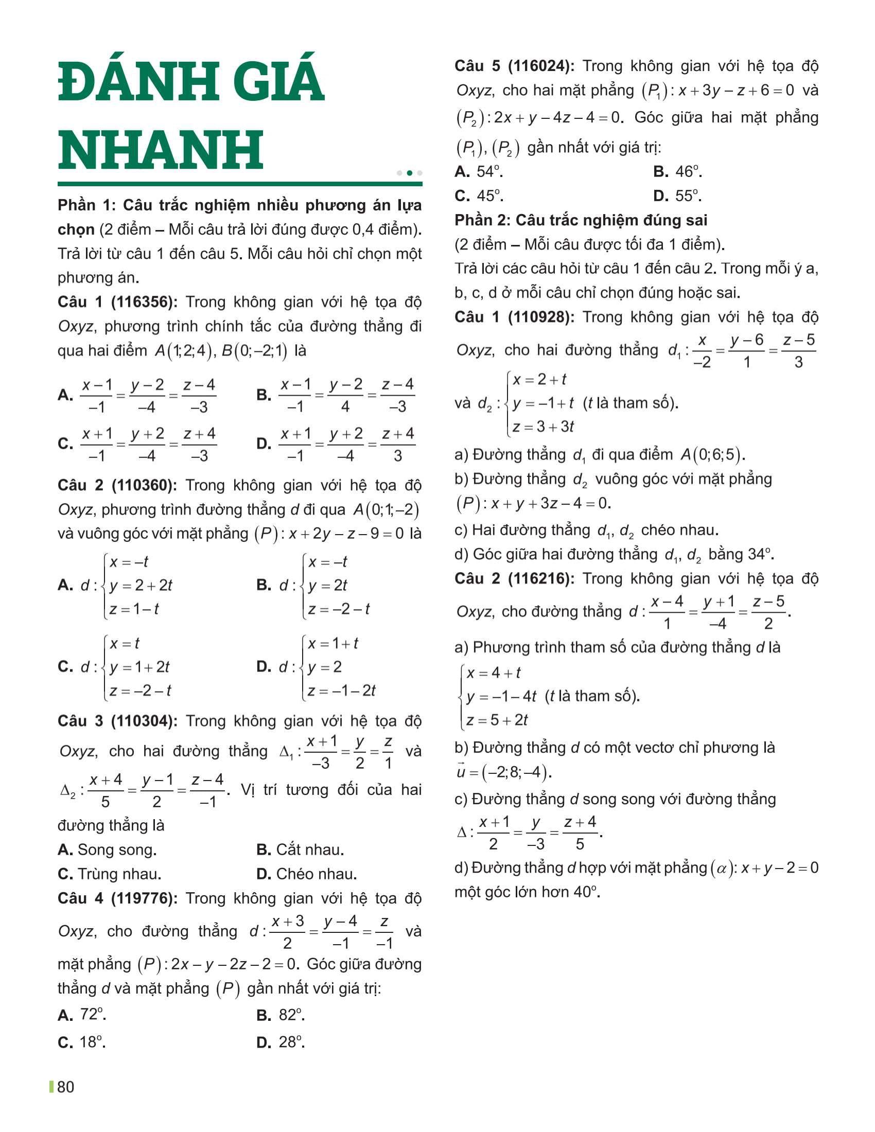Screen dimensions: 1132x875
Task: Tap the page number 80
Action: [x=65, y=1087]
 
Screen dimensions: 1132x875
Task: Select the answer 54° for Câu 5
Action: [x=489, y=171]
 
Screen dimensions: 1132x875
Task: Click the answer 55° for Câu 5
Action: [x=688, y=196]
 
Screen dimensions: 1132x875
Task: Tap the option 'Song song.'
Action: [x=117, y=850]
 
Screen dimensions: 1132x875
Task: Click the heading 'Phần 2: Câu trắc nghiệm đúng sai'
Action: [x=581, y=220]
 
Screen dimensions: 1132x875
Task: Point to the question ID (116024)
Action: [x=540, y=66]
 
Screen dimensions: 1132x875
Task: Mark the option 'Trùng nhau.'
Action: [x=119, y=874]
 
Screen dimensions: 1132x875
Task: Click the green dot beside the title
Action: [x=410, y=173]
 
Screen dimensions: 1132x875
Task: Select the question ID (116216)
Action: [x=540, y=579]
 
